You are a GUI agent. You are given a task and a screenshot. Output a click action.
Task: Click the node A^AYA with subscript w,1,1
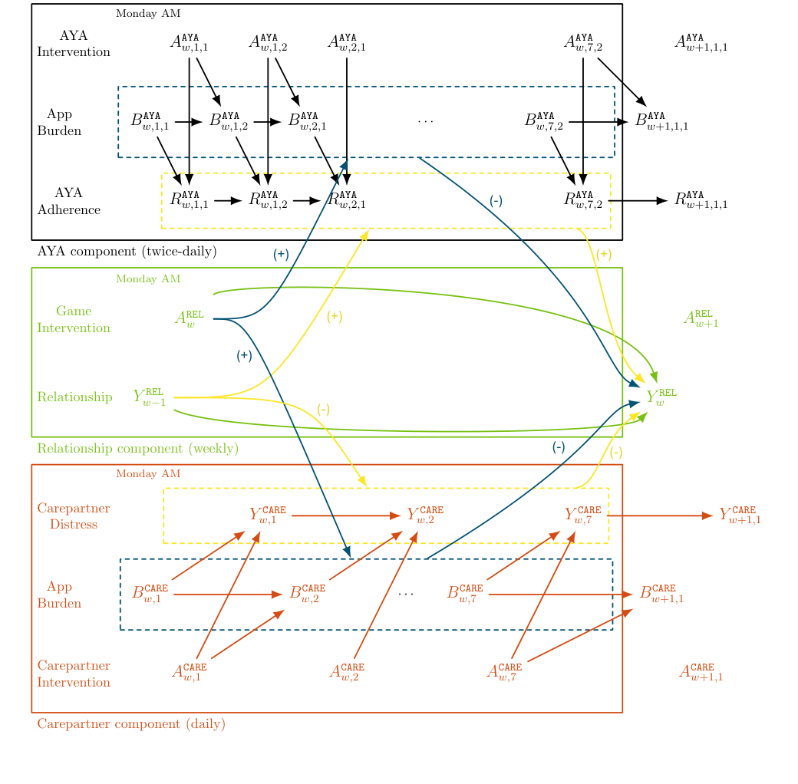[189, 42]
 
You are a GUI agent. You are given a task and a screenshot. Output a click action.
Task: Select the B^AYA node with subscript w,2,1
[307, 121]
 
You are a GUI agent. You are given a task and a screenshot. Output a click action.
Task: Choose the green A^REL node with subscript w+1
[701, 318]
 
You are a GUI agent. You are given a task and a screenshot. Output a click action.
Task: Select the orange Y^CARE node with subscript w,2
[424, 516]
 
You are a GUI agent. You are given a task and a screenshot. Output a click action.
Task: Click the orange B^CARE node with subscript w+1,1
[661, 594]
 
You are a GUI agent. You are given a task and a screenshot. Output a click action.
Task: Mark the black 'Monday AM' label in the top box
[148, 14]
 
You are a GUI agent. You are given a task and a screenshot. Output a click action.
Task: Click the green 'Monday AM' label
[148, 279]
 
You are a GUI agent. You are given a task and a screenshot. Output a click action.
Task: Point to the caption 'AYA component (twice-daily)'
[127, 252]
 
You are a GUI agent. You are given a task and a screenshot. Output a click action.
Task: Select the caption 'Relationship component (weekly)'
[137, 449]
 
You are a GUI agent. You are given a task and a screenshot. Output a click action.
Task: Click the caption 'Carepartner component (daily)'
[131, 724]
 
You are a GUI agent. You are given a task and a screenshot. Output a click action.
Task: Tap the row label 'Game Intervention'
[74, 320]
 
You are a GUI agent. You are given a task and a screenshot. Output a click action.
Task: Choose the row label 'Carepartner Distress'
[74, 516]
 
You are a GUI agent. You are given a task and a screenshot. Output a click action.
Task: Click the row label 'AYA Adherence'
[69, 201]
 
